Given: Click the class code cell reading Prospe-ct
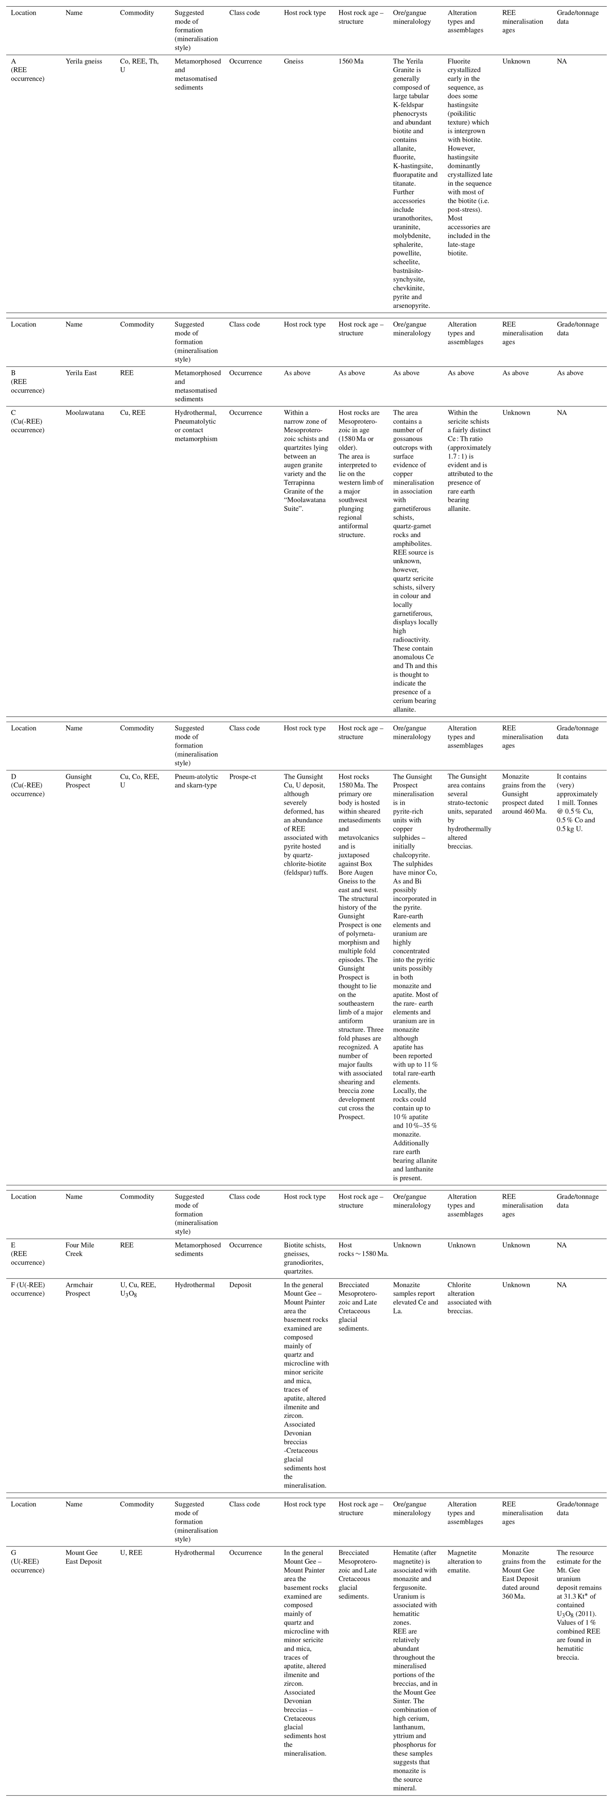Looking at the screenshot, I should click(x=243, y=777).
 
